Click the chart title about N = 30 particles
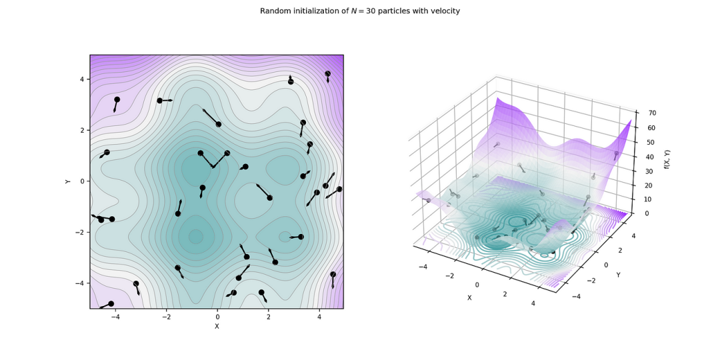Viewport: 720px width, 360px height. point(359,11)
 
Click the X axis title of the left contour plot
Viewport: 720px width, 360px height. point(217,326)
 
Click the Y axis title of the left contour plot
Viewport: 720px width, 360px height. point(68,181)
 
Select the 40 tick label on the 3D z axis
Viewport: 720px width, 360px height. point(647,157)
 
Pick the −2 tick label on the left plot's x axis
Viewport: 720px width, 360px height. point(166,317)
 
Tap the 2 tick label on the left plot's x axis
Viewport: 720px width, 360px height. point(268,317)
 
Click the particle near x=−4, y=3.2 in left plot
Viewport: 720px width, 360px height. point(117,99)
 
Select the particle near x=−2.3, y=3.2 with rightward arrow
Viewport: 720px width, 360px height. point(160,101)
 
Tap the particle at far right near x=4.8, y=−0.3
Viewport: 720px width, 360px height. point(339,189)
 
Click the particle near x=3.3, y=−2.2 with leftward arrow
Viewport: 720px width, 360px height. point(301,237)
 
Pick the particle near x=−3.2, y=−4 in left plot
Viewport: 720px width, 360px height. point(136,283)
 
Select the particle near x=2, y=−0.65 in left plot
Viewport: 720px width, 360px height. point(269,197)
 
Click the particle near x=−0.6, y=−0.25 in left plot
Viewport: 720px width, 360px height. point(203,188)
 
